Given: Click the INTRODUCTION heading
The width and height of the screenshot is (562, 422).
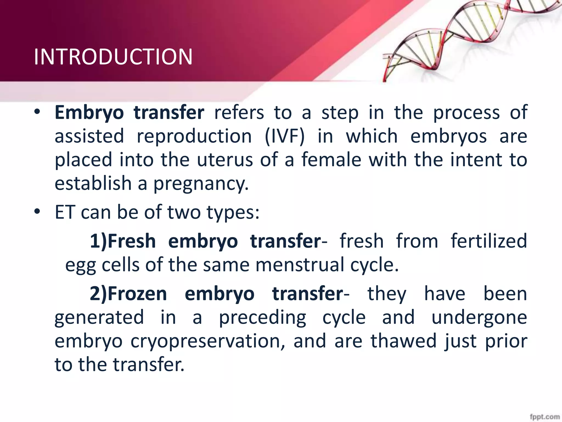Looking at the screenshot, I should [x=113, y=57].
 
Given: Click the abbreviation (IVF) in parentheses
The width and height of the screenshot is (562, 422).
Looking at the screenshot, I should [x=285, y=136].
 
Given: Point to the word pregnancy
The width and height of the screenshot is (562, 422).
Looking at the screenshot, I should [x=201, y=184].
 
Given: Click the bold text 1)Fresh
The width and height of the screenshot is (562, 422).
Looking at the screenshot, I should [x=123, y=241].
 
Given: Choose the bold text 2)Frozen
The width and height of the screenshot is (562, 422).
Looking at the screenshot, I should [x=128, y=294].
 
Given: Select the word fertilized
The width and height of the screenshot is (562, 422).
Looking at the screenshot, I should [x=489, y=241].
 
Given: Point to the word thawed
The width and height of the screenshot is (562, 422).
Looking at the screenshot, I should [x=403, y=341].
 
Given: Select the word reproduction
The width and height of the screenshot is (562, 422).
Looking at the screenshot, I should [x=194, y=136].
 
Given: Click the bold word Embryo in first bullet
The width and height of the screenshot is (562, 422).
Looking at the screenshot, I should [x=89, y=113].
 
